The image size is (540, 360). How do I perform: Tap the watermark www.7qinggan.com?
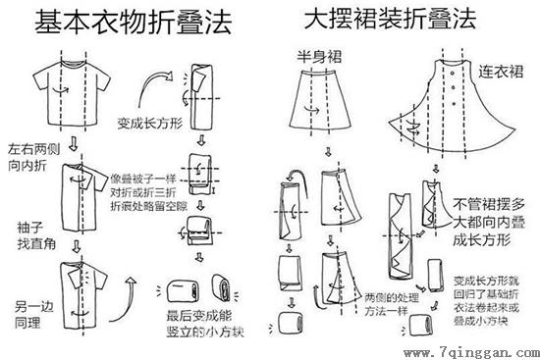[x=472, y=347]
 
